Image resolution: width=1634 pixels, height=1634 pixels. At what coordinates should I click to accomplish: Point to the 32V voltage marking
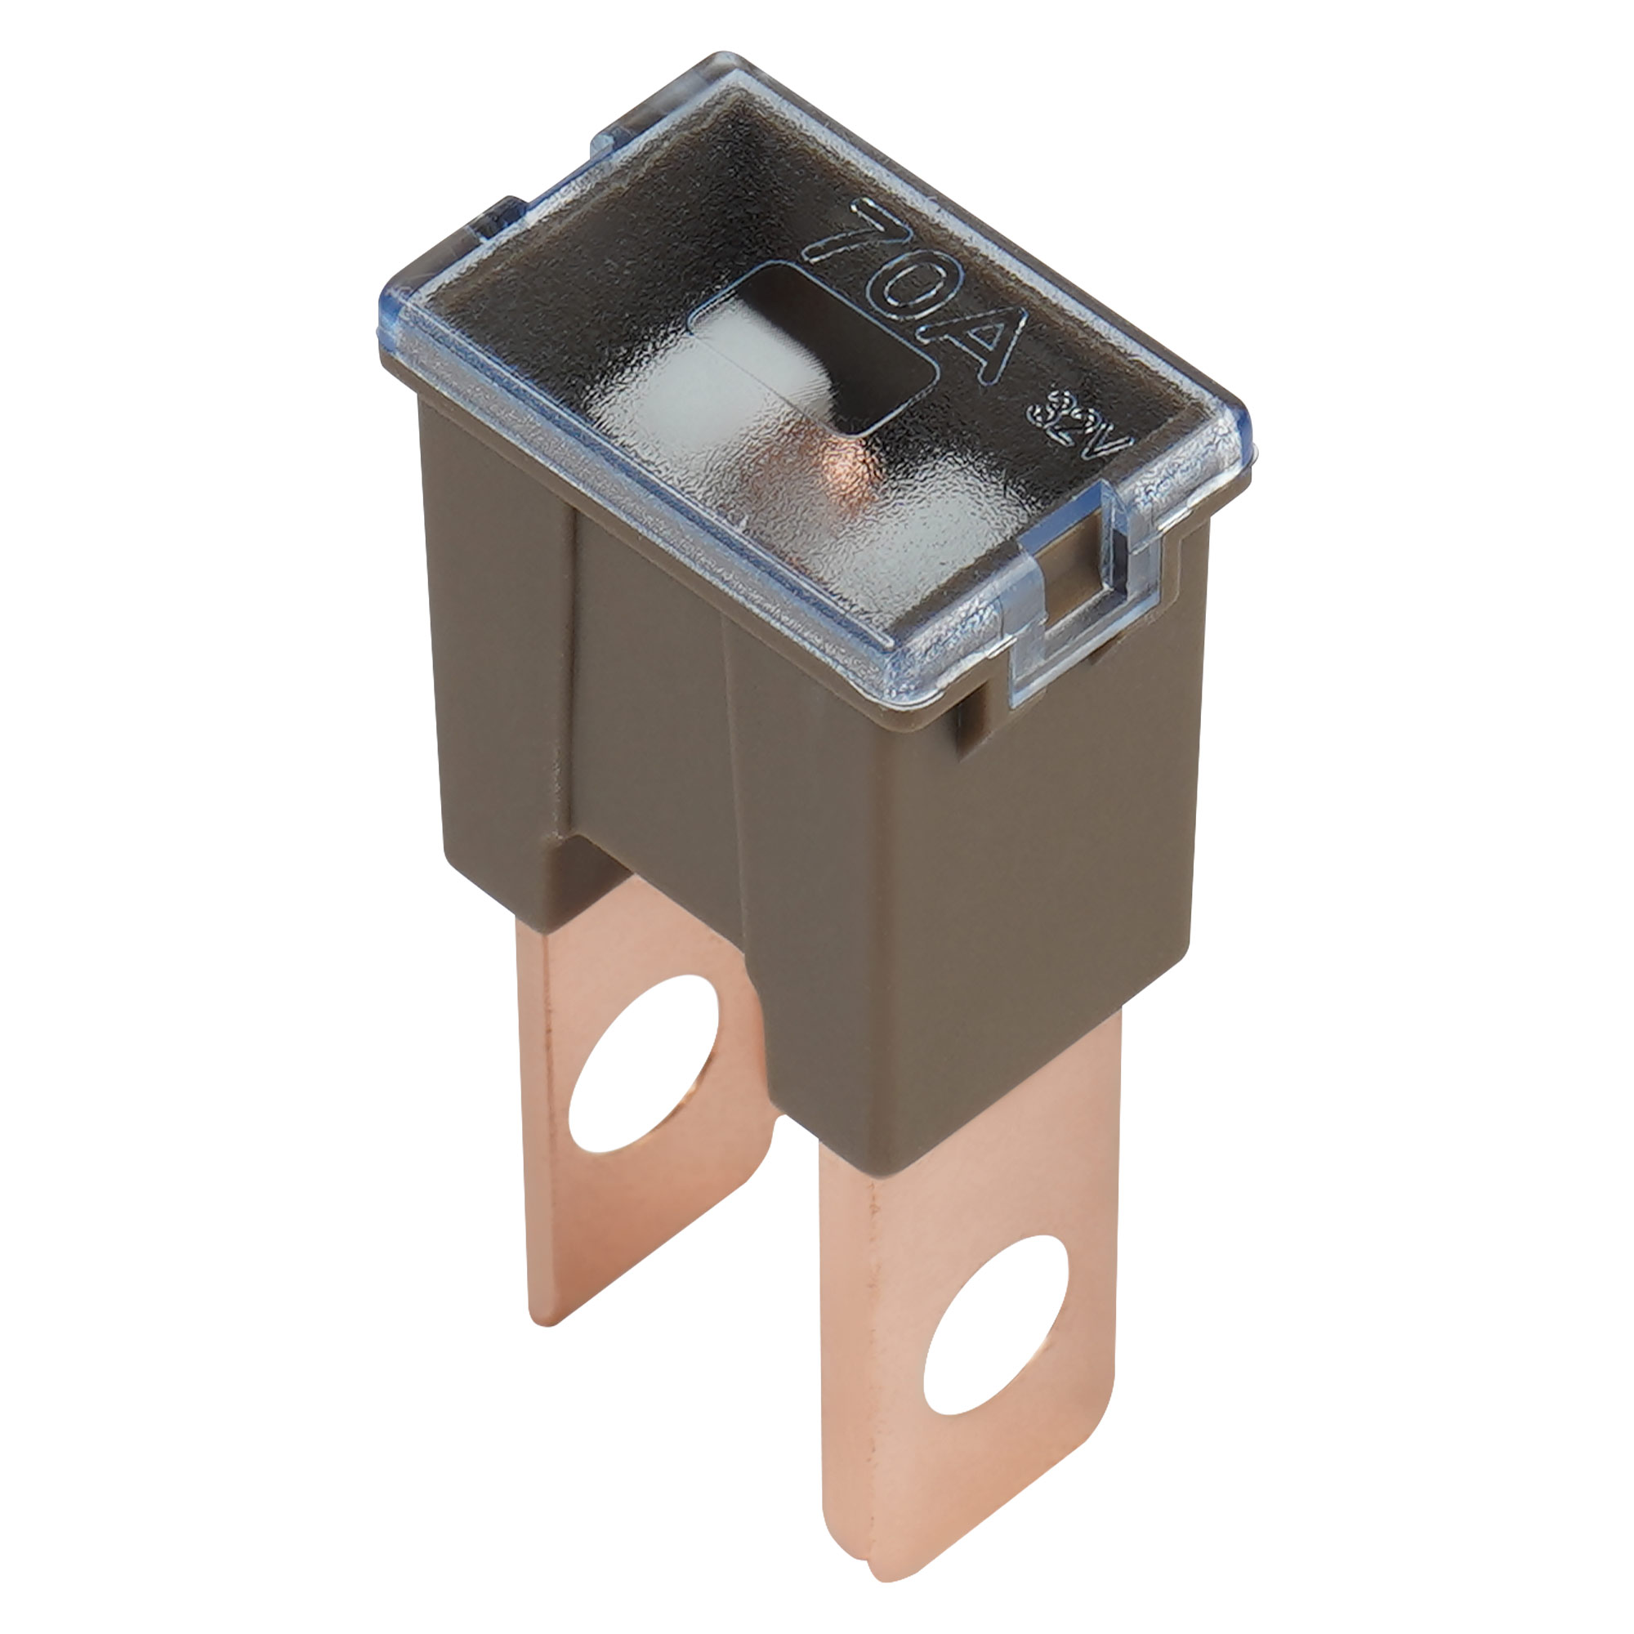pyautogui.click(x=1078, y=423)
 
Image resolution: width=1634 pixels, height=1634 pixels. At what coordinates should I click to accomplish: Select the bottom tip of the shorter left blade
pyautogui.click(x=542, y=1319)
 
